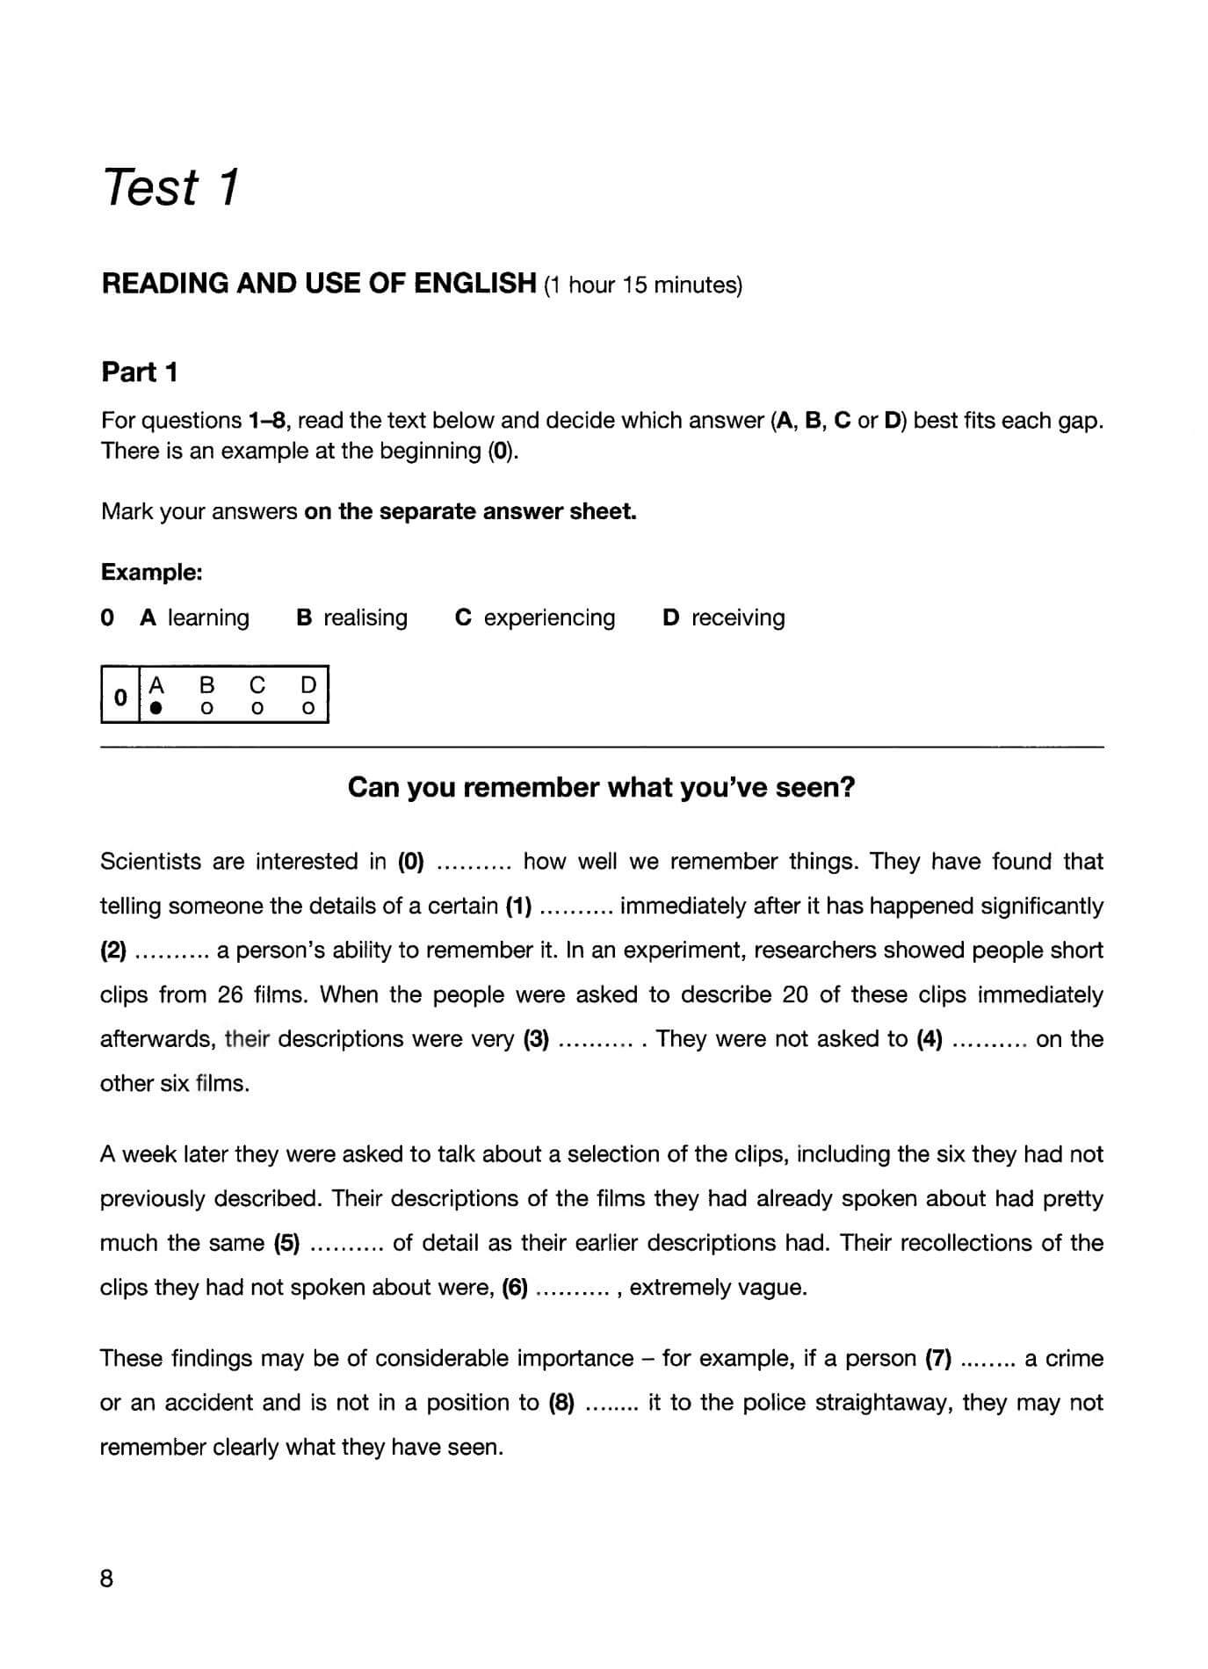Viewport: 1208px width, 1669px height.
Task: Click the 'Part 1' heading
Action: click(x=140, y=372)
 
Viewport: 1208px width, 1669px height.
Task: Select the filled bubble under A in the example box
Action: click(x=156, y=707)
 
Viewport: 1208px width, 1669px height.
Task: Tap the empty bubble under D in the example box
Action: click(x=307, y=707)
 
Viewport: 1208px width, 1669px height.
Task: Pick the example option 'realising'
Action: click(x=365, y=618)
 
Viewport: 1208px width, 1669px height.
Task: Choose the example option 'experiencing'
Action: click(x=549, y=618)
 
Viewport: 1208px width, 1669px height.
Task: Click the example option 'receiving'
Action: click(x=737, y=618)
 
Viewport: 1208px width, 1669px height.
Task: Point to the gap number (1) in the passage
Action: click(x=518, y=906)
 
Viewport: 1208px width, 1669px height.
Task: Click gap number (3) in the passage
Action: click(x=536, y=1039)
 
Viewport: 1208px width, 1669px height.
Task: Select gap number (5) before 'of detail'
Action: click(x=287, y=1243)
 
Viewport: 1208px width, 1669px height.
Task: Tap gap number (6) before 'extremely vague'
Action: click(x=515, y=1288)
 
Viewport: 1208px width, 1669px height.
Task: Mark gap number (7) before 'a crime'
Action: click(x=939, y=1359)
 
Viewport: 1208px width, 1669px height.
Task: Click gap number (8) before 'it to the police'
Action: click(x=561, y=1403)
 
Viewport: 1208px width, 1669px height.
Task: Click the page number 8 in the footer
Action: click(x=107, y=1579)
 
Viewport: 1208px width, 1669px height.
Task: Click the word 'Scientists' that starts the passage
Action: click(x=150, y=862)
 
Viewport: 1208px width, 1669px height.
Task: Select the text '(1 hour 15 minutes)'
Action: click(x=643, y=285)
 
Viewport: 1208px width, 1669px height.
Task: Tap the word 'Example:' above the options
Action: click(x=152, y=573)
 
